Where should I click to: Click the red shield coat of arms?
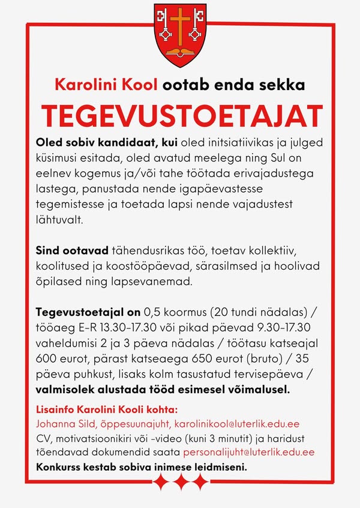179,34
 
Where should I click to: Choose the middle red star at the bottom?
181,481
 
